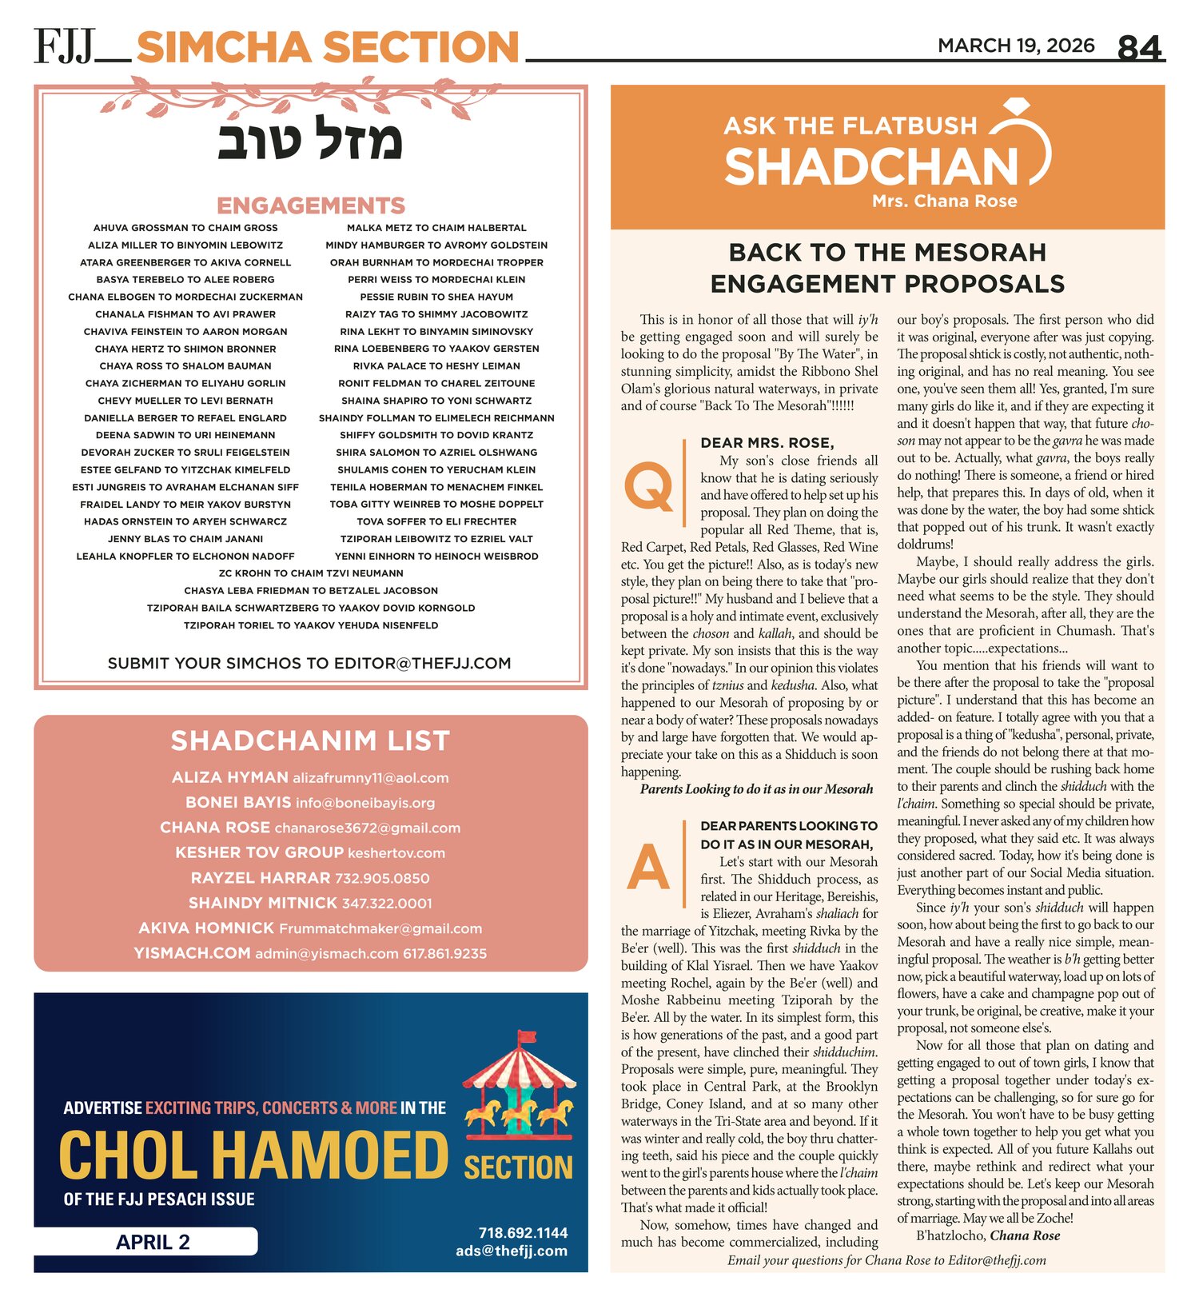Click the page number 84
(1139, 48)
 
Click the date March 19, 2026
(1016, 46)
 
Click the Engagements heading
(311, 206)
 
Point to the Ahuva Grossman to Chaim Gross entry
(185, 228)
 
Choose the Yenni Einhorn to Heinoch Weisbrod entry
(436, 556)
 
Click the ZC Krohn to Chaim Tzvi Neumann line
(311, 573)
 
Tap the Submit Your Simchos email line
(309, 663)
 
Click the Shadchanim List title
(310, 740)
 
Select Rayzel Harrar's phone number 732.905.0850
(382, 878)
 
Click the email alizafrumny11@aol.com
(370, 777)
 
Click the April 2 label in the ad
(153, 1241)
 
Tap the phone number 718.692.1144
(523, 1232)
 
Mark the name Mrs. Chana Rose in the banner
(945, 201)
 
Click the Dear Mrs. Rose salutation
(767, 443)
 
